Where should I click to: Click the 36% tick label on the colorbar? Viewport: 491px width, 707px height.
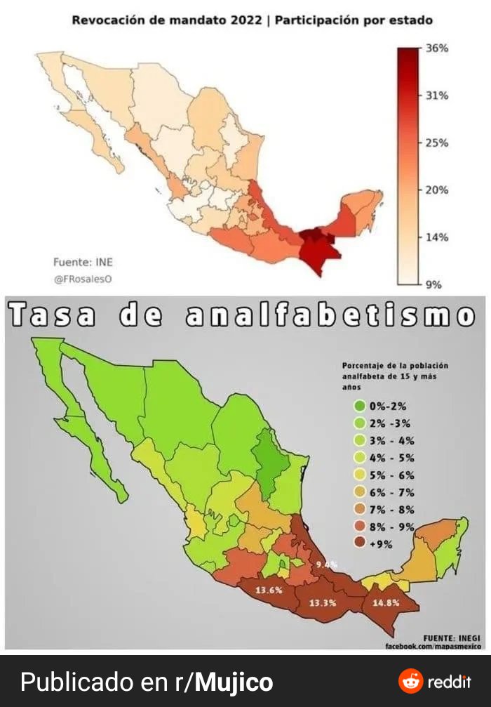[x=437, y=48]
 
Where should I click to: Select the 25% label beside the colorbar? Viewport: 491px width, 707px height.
[x=437, y=143]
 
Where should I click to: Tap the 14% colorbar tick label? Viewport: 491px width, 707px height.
[x=437, y=237]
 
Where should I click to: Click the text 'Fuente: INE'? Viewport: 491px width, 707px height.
[x=83, y=263]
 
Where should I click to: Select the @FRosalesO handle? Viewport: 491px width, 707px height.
[x=83, y=279]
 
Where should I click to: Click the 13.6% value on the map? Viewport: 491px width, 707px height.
[x=269, y=590]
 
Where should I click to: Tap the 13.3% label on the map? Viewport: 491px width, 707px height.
[x=323, y=602]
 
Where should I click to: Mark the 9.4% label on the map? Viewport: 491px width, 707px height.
[x=326, y=564]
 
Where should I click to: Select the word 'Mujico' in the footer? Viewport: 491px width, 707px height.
[x=234, y=682]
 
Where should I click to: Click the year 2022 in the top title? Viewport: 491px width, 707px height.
[x=245, y=20]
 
